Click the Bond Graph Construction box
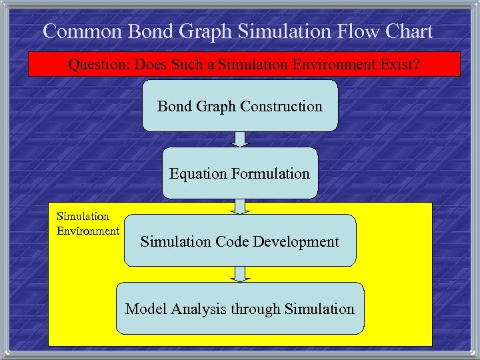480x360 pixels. click(x=240, y=106)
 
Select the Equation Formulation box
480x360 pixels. click(x=240, y=173)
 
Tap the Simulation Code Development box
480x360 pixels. click(x=240, y=241)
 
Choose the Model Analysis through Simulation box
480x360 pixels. click(x=240, y=309)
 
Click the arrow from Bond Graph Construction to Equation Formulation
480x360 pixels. click(x=240, y=139)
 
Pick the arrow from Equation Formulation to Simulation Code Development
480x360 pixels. click(x=240, y=206)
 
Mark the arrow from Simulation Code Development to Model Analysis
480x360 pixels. click(x=240, y=274)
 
